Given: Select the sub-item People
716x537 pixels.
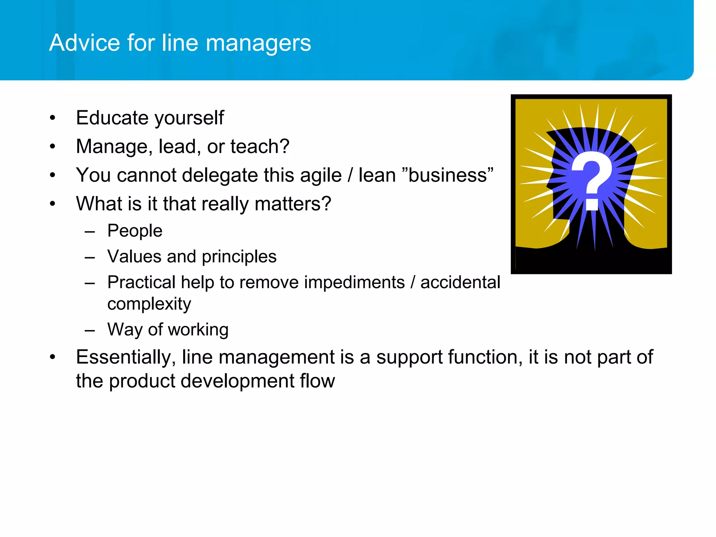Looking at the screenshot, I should coord(135,231).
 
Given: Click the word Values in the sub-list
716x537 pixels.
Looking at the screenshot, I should coord(134,256).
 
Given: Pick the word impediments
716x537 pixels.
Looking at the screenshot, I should coord(354,282).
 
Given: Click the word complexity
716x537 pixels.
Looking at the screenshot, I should coord(149,304).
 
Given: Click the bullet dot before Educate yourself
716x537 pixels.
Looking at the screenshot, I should coord(52,118).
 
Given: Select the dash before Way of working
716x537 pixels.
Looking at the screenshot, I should coord(90,330).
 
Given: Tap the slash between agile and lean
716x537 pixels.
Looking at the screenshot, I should coord(350,175).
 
